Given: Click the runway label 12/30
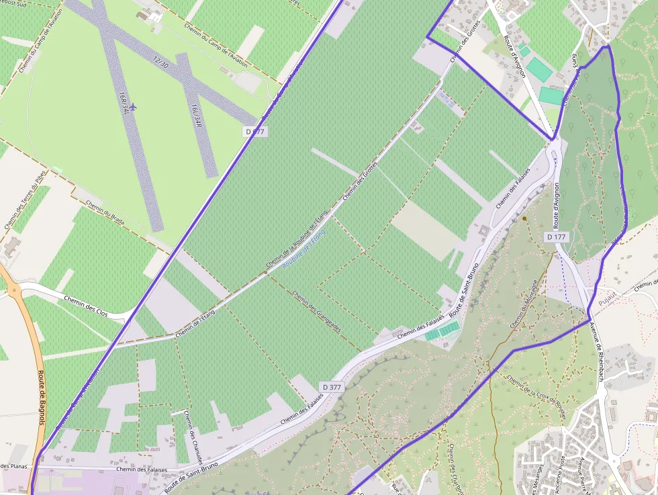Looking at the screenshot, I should (160, 61).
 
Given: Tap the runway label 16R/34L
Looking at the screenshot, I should (122, 103).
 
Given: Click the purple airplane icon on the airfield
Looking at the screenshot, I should (133, 107).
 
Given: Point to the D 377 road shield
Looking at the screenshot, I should (332, 388).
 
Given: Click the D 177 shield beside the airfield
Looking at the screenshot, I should (255, 132).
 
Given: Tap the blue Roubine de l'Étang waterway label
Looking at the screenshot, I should (303, 251).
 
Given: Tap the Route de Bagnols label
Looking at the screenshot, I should (42, 397).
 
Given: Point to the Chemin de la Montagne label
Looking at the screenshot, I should (524, 304).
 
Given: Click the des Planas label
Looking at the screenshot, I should (13, 465).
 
